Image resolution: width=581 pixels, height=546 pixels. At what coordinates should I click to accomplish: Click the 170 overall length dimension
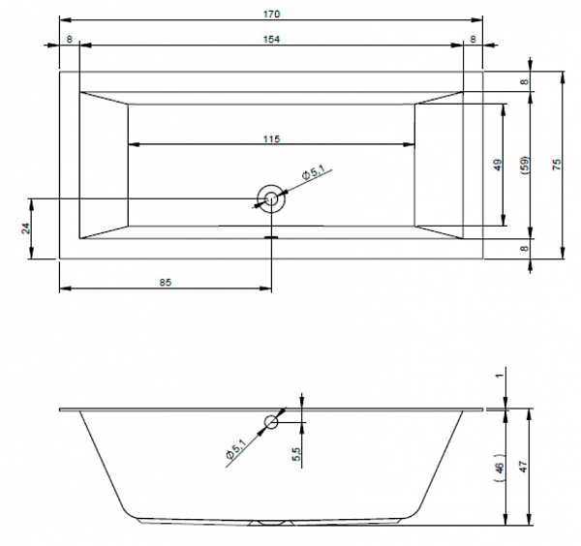(271, 15)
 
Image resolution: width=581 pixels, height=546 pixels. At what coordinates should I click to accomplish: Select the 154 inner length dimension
(271, 40)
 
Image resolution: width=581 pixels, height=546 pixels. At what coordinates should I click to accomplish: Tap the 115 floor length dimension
(271, 139)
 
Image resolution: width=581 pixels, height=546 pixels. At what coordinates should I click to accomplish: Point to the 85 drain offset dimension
(166, 283)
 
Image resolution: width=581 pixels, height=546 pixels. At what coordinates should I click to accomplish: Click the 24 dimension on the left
(25, 228)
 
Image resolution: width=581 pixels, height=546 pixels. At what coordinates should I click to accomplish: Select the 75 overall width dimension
(557, 165)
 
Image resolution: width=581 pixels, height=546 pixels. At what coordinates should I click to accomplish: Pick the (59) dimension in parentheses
(525, 165)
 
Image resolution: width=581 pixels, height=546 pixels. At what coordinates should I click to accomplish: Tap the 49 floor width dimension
(498, 165)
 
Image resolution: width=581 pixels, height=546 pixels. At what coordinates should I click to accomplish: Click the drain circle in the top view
(271, 199)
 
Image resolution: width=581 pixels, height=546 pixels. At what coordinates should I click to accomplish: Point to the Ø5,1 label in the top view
(313, 172)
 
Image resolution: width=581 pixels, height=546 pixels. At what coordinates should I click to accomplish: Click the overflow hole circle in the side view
(271, 422)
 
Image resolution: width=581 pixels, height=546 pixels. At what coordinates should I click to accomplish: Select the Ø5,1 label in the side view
(235, 448)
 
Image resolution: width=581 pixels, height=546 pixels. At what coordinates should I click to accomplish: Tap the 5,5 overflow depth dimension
(296, 454)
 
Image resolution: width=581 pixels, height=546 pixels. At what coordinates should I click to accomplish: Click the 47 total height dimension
(523, 467)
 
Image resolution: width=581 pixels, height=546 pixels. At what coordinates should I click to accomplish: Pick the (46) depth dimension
(499, 468)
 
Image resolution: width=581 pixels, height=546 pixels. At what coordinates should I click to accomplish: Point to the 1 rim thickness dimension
(500, 376)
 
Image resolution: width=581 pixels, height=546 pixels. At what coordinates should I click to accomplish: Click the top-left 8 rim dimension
(70, 40)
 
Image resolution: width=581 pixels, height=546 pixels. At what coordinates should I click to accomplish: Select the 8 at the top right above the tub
(474, 40)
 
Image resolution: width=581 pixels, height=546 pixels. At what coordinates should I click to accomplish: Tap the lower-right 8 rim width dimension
(524, 249)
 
